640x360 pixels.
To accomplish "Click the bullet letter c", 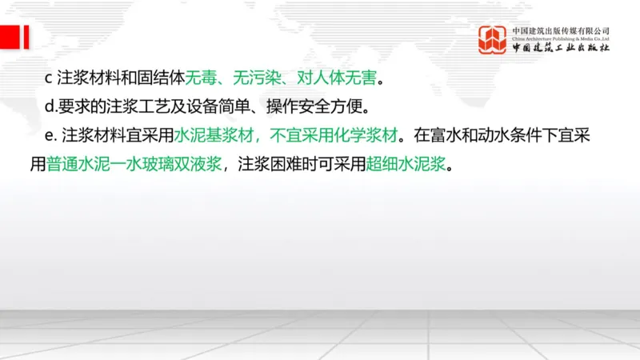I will tap(48, 78).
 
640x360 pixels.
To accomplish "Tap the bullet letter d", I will tap(48, 106).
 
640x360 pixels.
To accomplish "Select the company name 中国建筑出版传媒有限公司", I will tap(561, 30).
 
